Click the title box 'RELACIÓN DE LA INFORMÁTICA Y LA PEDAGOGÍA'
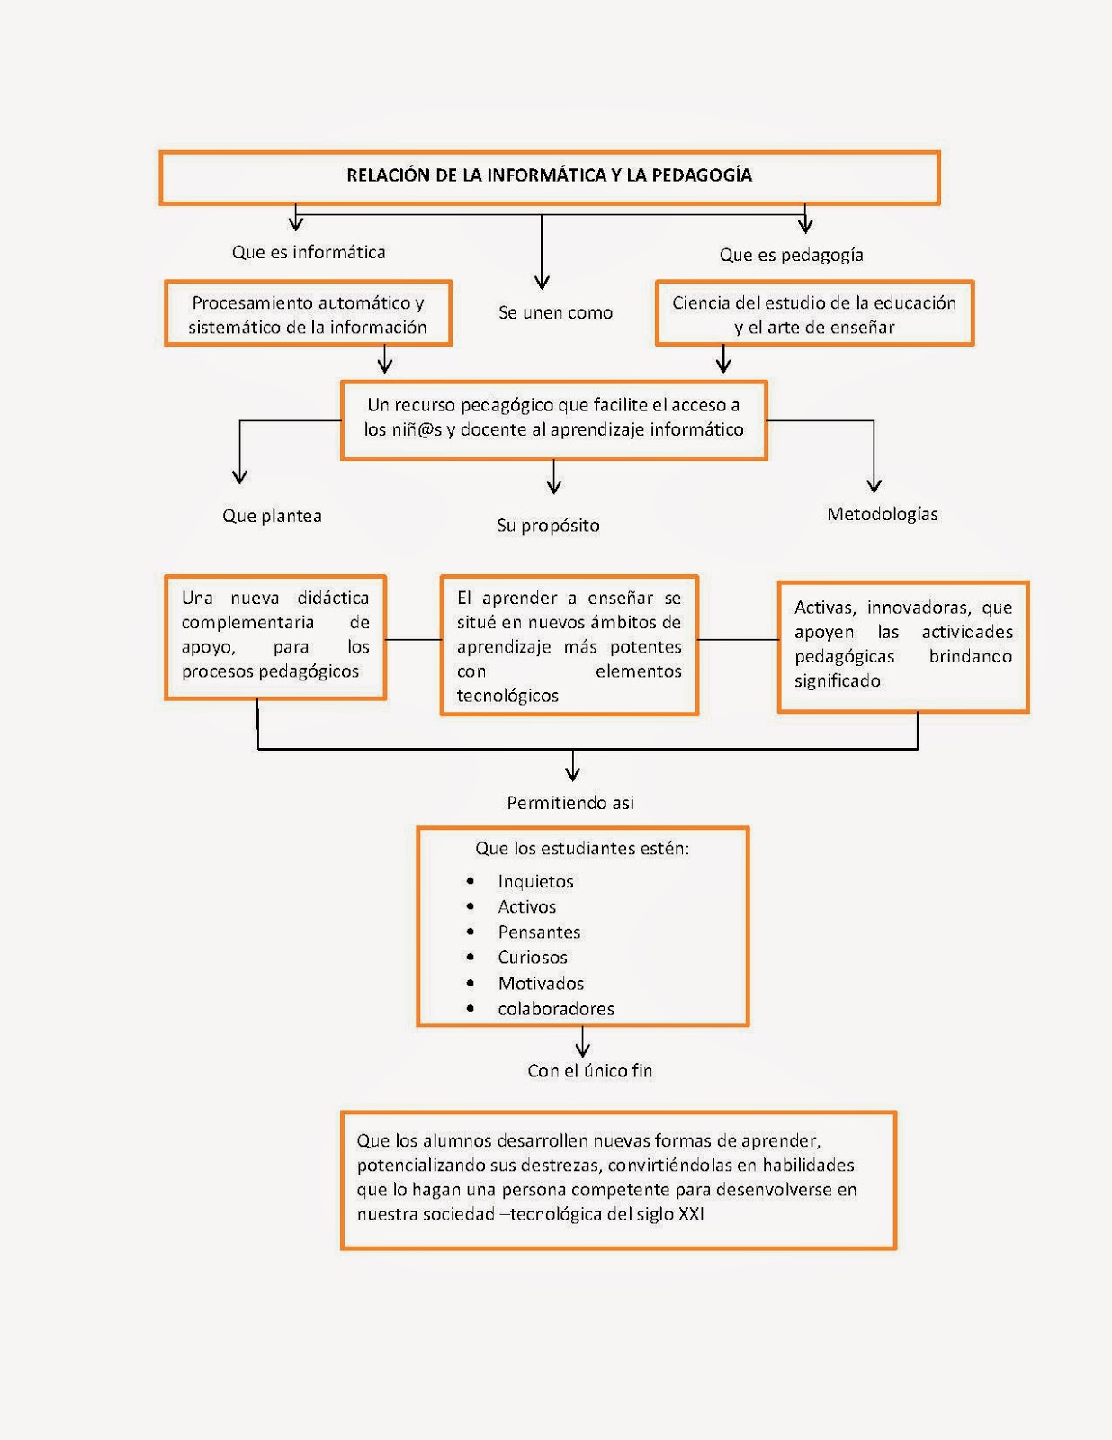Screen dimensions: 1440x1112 [549, 176]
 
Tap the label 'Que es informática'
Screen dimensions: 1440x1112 [309, 253]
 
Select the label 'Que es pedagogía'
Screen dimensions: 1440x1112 [791, 256]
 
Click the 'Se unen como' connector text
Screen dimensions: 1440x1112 [555, 313]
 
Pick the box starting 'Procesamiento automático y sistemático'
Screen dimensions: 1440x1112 [308, 314]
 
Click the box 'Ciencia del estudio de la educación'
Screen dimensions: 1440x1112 [814, 314]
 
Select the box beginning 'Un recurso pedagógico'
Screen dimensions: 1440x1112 [553, 418]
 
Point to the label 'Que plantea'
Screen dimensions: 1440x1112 [272, 517]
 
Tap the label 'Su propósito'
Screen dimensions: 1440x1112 [548, 526]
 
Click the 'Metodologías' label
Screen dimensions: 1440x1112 [882, 515]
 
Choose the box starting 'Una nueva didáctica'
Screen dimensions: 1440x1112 [274, 635]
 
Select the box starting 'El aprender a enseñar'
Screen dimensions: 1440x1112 [569, 646]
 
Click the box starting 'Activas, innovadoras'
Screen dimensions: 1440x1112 [902, 644]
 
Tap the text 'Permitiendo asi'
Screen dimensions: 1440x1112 [569, 803]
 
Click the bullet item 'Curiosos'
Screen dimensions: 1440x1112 [533, 958]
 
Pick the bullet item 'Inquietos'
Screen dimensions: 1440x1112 [535, 882]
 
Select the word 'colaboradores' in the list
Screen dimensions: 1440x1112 [556, 1009]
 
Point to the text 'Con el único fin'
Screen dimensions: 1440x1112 [589, 1071]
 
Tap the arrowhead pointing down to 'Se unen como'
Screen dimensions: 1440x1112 [542, 282]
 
